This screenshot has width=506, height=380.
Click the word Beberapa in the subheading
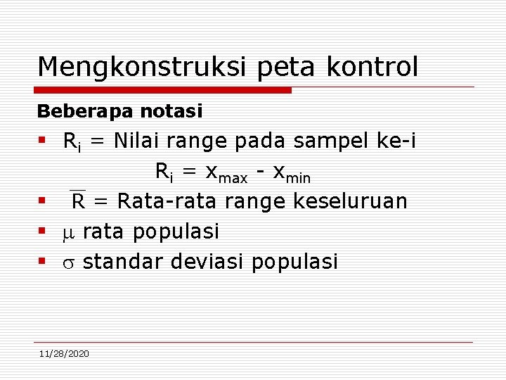point(70,111)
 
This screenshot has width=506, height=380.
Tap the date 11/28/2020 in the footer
point(64,353)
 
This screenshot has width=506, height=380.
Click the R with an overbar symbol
point(78,201)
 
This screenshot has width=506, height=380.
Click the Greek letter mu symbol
point(69,232)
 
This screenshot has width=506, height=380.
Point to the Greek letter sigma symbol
point(69,262)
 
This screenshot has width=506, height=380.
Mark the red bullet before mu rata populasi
point(43,231)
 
